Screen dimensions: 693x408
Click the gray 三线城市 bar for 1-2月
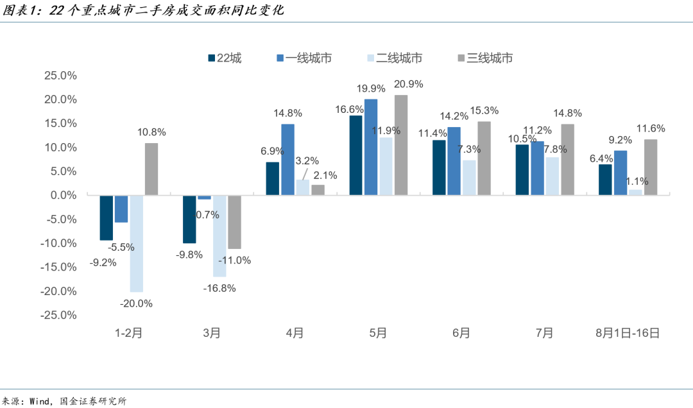coord(151,169)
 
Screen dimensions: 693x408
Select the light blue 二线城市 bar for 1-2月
coord(137,244)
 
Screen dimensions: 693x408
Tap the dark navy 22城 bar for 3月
coord(189,219)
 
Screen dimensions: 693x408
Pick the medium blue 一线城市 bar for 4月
coord(287,160)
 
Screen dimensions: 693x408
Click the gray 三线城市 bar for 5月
coord(401,145)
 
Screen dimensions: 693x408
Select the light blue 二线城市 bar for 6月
coord(469,178)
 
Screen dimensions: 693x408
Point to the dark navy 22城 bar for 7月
coord(522,170)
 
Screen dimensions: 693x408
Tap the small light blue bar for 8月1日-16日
coord(635,192)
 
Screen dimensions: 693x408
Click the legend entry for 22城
coord(225,58)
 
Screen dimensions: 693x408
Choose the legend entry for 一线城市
coord(304,58)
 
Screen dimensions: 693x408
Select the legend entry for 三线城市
coord(485,58)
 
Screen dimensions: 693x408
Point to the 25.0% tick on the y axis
coord(60,76)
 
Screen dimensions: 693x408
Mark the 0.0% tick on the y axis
coord(63,196)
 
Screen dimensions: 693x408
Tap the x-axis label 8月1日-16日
coord(628,333)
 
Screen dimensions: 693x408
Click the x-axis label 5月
coord(378,333)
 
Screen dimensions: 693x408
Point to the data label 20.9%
coord(408,84)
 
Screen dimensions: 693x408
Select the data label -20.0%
coord(136,303)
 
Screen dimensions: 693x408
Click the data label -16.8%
coord(219,289)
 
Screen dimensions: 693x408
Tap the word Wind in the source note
coord(39,402)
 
